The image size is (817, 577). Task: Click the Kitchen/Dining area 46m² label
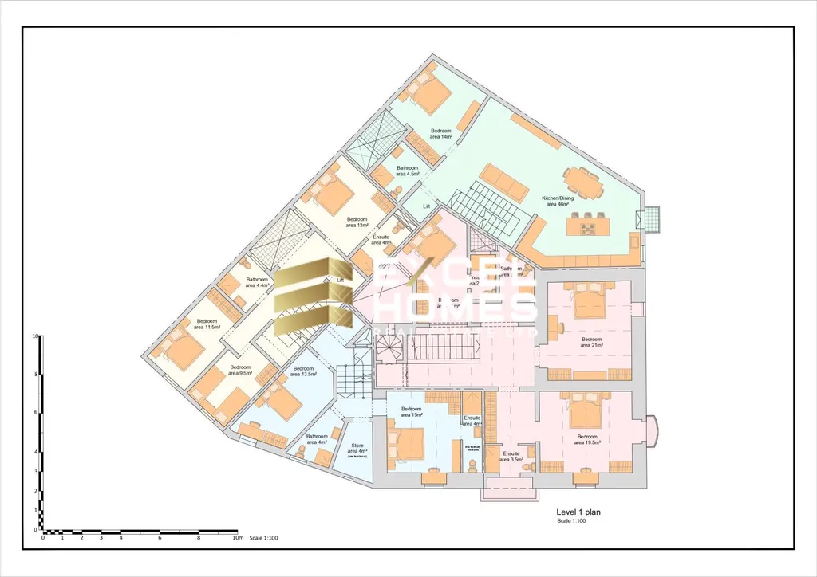557,200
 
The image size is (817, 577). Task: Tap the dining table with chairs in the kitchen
586,184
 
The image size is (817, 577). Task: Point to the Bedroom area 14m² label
441,134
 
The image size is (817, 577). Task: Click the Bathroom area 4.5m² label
408,171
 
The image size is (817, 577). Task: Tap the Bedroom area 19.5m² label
588,440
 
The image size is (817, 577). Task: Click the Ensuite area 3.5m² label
511,456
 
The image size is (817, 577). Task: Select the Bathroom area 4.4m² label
257,283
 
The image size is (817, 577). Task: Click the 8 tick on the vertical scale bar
36,374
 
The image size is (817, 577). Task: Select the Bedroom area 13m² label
357,222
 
